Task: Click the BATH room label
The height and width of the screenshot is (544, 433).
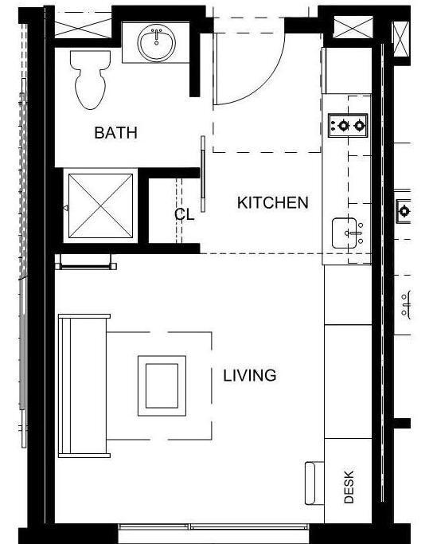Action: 115,133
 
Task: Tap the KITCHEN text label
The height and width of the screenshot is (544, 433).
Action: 272,203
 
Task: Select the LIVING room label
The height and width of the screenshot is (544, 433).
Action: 249,375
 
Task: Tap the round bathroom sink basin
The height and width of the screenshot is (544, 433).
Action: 158,41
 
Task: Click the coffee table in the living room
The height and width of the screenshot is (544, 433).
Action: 162,385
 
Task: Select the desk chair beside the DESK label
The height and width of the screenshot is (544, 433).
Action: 314,482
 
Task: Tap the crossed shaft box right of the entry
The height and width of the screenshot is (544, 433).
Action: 349,27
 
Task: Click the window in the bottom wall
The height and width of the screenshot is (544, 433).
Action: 213,528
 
